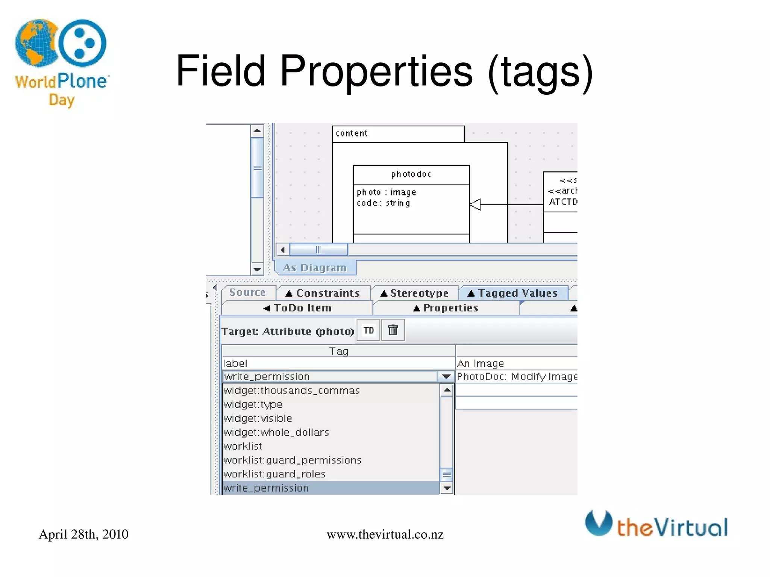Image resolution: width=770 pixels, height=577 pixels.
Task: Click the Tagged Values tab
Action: [513, 293]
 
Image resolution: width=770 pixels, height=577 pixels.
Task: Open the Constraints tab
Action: [323, 293]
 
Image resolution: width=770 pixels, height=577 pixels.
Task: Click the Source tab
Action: [247, 292]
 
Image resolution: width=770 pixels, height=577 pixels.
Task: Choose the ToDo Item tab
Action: [297, 308]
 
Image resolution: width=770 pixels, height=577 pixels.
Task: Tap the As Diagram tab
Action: [315, 268]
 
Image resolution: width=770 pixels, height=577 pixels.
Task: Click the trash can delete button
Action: [393, 330]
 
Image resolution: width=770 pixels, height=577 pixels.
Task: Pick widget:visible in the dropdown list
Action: [258, 418]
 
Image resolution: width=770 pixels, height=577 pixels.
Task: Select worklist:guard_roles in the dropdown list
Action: [274, 474]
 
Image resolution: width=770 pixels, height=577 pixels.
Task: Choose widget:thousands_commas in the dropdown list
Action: [292, 391]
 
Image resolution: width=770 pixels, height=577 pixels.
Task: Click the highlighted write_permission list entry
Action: [266, 488]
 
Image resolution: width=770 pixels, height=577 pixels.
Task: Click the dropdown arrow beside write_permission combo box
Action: [446, 376]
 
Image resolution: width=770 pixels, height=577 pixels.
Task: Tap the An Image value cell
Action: [480, 363]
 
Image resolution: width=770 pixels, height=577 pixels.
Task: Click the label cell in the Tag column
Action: [235, 363]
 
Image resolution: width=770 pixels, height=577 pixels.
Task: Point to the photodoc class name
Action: [411, 174]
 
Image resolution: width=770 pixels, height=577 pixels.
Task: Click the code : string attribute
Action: [383, 203]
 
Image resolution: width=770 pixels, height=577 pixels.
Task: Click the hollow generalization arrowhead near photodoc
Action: [476, 204]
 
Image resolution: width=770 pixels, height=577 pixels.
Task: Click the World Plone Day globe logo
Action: [37, 42]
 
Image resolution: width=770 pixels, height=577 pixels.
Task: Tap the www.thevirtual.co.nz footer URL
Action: [385, 534]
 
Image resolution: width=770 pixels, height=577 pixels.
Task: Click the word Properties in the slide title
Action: [376, 71]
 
